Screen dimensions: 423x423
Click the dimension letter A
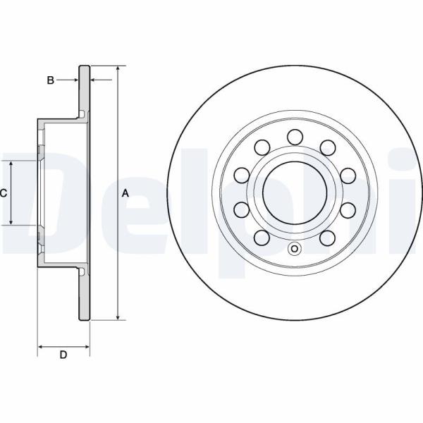pos(125,193)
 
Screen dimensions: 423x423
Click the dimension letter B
pos(51,80)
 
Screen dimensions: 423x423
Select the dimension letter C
pos(3,193)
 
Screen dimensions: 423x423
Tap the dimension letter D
pos(63,355)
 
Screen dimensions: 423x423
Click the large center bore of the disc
pos(295,193)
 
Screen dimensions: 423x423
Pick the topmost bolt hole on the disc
pos(295,137)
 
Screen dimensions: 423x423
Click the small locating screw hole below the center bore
pos(295,248)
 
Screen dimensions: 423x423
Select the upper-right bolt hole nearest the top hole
pos(328,147)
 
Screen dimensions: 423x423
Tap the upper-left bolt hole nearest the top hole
pos(262,147)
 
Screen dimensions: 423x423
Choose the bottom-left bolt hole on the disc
pos(262,238)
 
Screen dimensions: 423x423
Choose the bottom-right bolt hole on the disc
pos(328,238)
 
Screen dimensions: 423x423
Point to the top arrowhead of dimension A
pos(118,68)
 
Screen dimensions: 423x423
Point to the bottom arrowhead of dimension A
pos(118,317)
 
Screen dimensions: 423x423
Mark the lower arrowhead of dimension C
pos(11,222)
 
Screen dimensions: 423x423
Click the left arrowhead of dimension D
pos(40,347)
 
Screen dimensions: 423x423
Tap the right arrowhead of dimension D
pos(86,347)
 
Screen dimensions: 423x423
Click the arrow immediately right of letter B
pos(68,80)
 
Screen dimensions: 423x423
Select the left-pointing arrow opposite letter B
pos(101,80)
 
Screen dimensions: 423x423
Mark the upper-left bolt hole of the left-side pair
pos(241,176)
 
